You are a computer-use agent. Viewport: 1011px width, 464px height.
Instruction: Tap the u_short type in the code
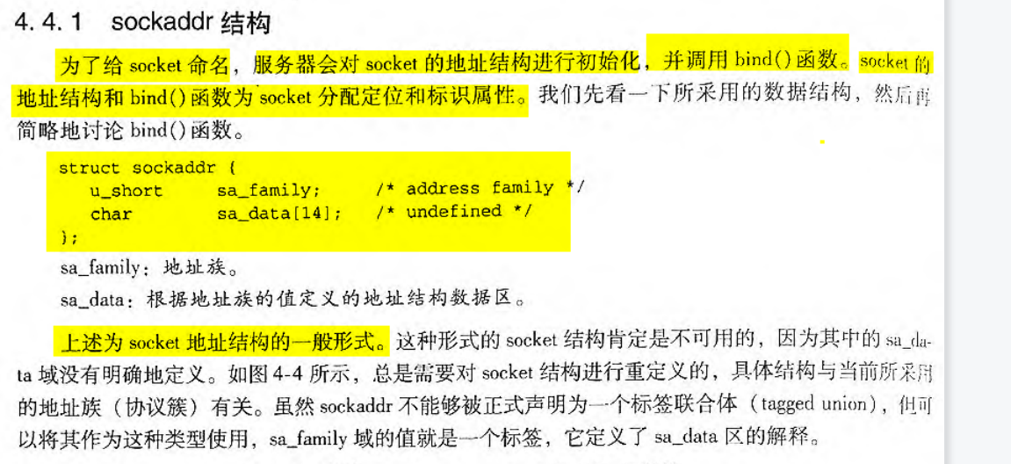click(126, 190)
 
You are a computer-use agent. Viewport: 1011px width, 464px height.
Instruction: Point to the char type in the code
click(111, 214)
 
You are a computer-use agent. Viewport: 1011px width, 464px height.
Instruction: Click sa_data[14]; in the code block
click(279, 214)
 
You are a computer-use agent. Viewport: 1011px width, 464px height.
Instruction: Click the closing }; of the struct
click(69, 236)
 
